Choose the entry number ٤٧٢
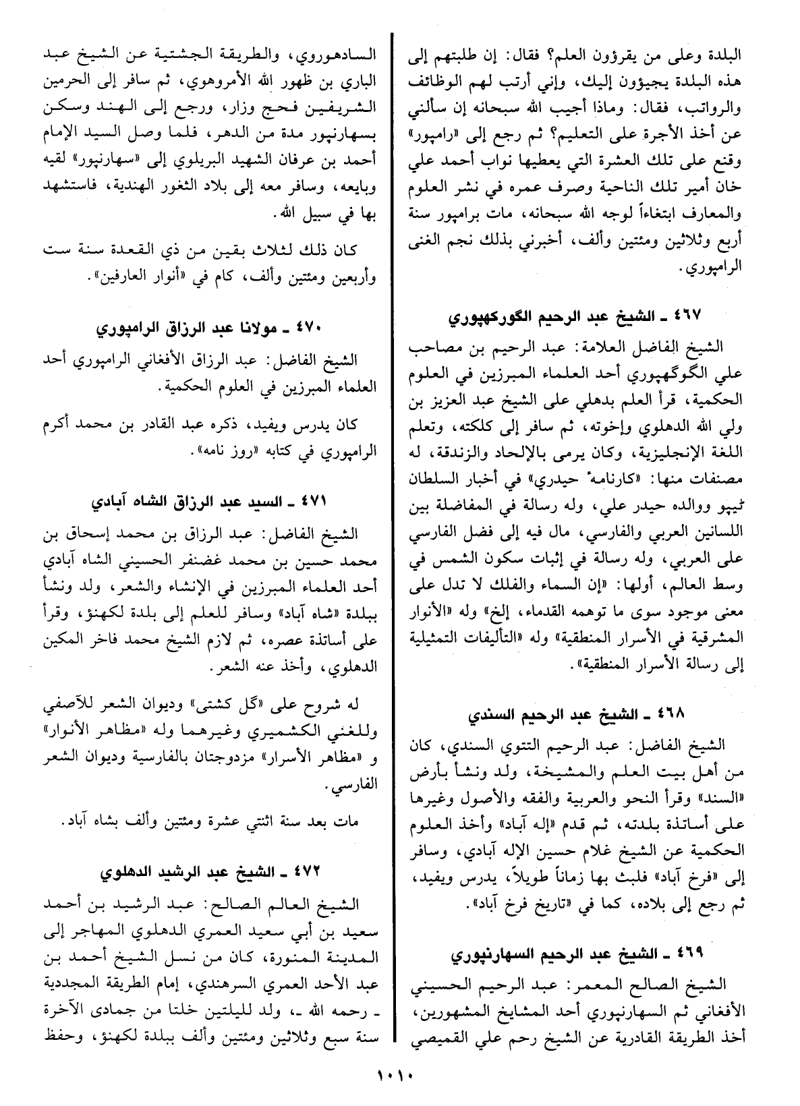point(310,873)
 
